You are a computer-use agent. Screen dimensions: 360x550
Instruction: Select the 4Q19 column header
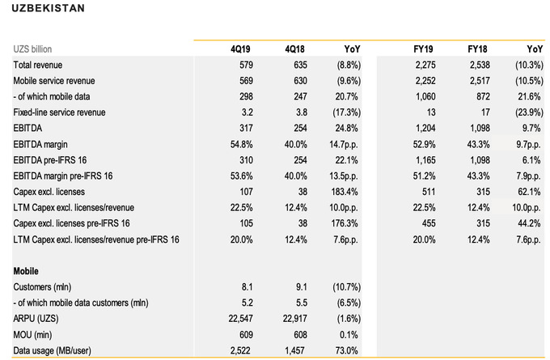[240, 49]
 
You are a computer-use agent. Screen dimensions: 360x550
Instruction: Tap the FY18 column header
[476, 49]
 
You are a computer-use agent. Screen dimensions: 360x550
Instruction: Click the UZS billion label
[36, 49]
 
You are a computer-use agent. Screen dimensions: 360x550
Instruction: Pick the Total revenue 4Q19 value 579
[243, 64]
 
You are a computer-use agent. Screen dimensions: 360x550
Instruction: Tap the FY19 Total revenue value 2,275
[421, 64]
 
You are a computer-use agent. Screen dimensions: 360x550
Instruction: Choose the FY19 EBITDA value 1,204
[421, 128]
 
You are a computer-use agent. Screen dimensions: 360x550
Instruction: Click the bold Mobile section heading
[27, 270]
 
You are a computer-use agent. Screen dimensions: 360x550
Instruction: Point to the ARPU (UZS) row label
[40, 318]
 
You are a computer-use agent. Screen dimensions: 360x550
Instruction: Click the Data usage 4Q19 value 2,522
[237, 349]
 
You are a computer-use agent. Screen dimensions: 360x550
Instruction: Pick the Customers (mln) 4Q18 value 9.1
[296, 286]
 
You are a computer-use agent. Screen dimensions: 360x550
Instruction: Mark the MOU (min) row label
[37, 334]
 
